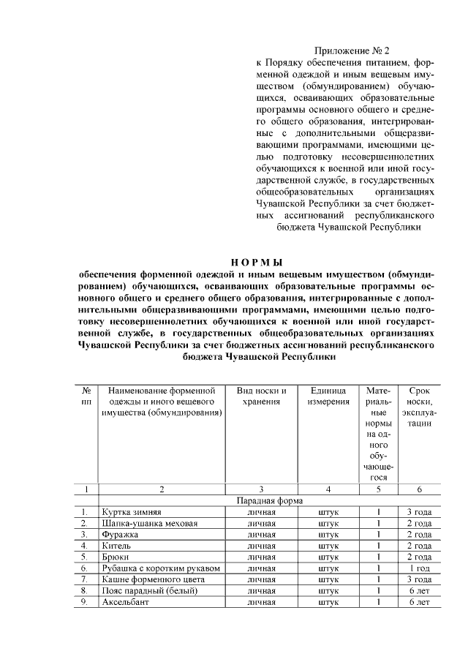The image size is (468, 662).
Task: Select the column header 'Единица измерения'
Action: pyautogui.click(x=328, y=396)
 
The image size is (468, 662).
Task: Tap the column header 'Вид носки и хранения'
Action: pyautogui.click(x=261, y=396)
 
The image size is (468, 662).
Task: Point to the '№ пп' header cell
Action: pyautogui.click(x=86, y=396)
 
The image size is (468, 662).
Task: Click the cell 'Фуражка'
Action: pyautogui.click(x=121, y=535)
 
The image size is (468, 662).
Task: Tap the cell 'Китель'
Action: pyautogui.click(x=117, y=546)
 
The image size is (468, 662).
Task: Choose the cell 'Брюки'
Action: pyautogui.click(x=116, y=557)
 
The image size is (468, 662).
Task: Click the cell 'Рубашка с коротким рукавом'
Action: pyautogui.click(x=161, y=568)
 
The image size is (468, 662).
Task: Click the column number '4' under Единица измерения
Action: pyautogui.click(x=328, y=489)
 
